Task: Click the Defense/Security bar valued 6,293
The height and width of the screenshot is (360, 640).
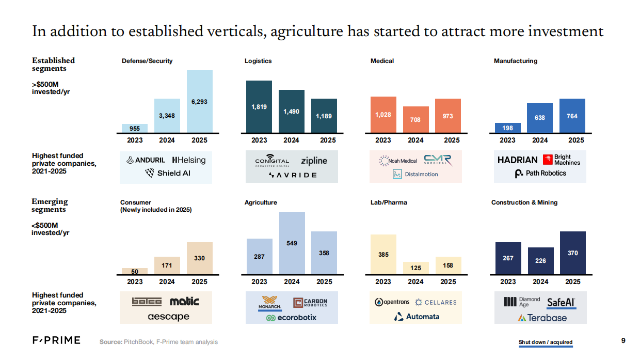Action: [199, 101]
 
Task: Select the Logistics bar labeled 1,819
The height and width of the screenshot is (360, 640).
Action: [259, 106]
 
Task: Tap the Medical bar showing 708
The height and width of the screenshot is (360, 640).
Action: [415, 119]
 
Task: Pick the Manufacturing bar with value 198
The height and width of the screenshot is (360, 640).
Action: [507, 128]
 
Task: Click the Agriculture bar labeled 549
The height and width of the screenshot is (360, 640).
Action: [292, 243]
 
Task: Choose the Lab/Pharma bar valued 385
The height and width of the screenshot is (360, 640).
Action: [383, 254]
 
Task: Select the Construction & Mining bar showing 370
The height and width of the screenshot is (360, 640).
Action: [573, 253]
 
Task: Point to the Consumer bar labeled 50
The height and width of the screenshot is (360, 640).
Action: [135, 271]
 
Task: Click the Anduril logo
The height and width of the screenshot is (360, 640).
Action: [146, 161]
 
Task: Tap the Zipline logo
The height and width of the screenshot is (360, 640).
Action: [314, 161]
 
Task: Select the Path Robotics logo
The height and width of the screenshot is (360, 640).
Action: [540, 174]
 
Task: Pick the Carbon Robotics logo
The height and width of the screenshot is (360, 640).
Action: [310, 303]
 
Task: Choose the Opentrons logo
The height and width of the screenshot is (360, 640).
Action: [392, 302]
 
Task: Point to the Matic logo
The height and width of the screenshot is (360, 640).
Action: [184, 301]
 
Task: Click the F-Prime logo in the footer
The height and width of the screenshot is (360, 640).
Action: [57, 340]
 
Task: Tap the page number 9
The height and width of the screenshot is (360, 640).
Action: [623, 340]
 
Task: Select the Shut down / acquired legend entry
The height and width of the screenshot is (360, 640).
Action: [546, 342]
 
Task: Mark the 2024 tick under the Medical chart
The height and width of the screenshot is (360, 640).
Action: [415, 140]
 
